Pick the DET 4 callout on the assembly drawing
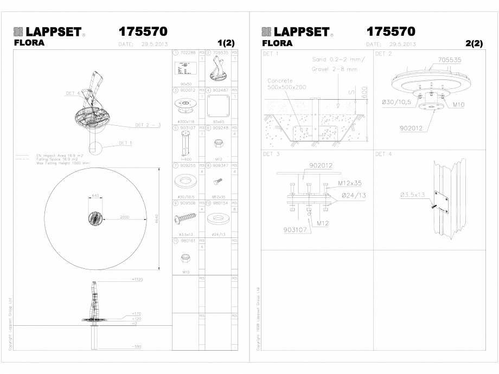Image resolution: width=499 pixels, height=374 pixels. coord(73,93)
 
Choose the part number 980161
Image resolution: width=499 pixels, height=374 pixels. coord(188,240)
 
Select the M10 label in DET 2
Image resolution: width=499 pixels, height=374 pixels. coord(459,105)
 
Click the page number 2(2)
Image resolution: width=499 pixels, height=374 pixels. coord(474,43)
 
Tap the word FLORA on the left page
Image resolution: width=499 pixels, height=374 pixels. coord(29,43)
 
